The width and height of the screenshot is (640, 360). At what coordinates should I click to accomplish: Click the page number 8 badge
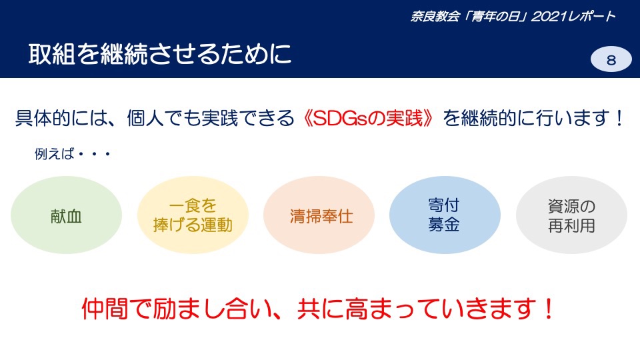611,59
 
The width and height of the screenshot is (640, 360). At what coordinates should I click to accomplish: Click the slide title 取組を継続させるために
160,54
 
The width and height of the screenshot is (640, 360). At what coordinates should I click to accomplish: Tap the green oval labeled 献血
66,215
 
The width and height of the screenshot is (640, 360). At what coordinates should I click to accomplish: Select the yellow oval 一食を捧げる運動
193,215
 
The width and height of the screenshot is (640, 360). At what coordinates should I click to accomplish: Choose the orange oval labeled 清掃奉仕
319,215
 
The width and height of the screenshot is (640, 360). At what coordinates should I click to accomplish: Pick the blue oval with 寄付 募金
445,215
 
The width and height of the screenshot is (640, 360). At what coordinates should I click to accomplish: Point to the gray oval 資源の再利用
571,215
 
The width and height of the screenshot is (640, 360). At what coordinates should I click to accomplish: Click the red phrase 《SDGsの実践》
369,119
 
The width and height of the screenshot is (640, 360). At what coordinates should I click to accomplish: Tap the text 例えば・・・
73,154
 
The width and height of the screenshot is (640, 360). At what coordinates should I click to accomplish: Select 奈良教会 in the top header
435,16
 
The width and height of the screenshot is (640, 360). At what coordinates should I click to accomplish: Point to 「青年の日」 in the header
495,16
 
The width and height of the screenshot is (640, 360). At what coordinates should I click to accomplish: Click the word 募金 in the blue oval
444,225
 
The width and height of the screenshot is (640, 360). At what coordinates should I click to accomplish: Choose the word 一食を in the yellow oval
193,206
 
